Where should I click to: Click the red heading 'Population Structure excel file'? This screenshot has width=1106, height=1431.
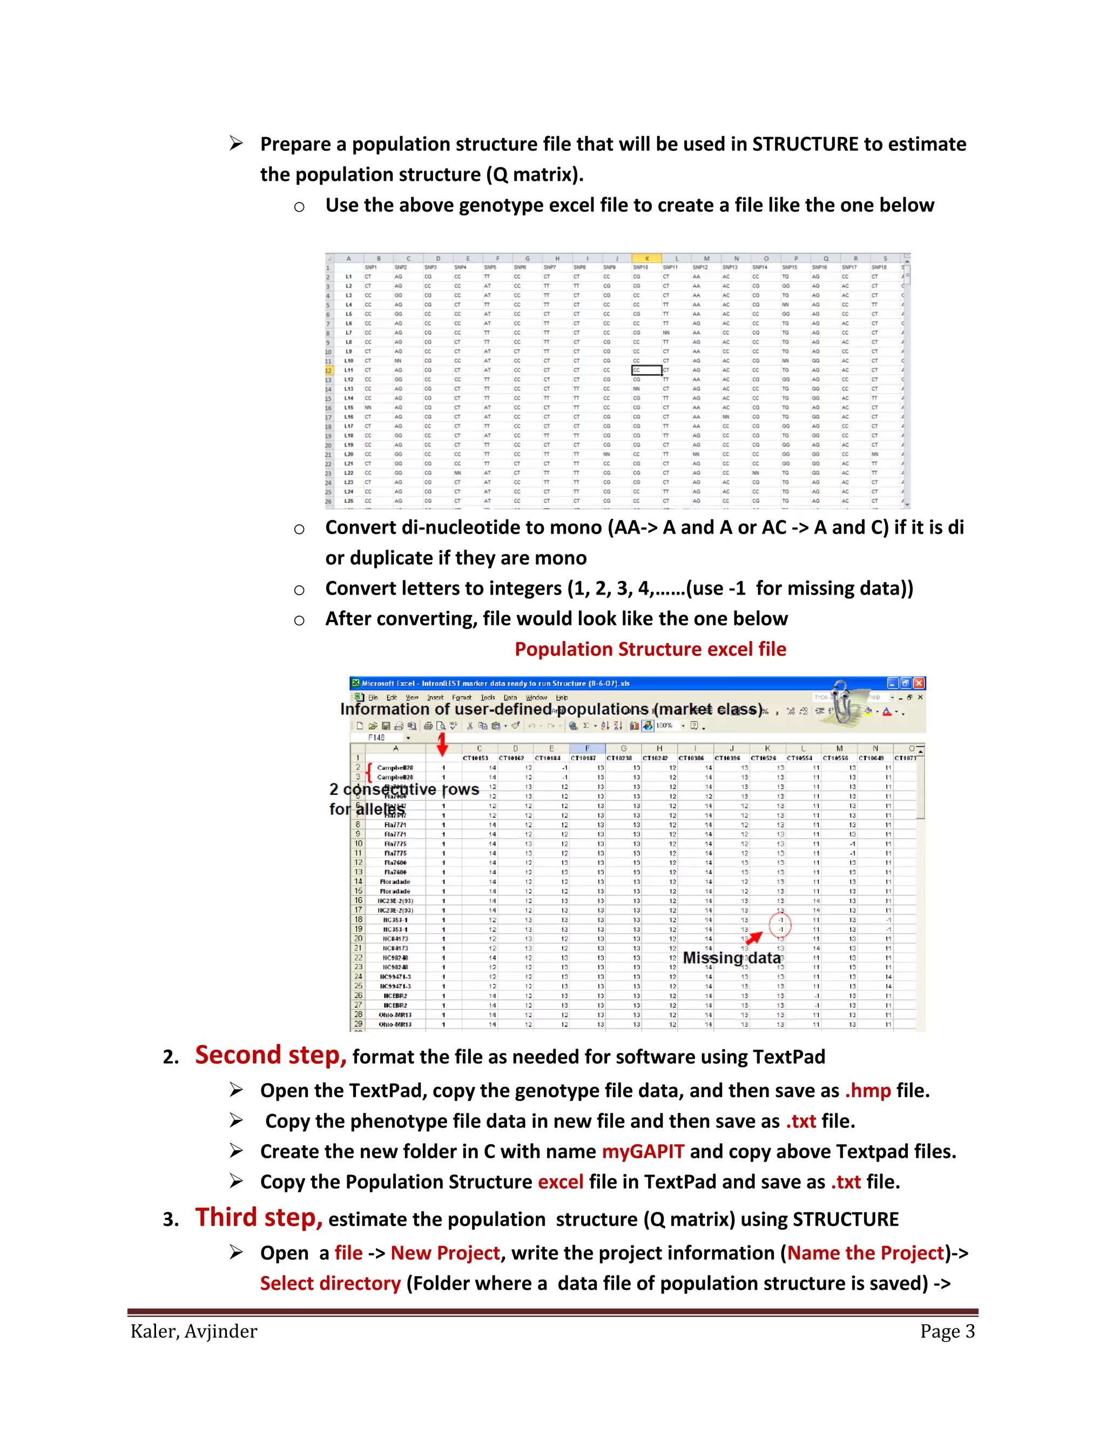click(x=650, y=649)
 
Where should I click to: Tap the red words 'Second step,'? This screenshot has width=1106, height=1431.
click(x=270, y=1055)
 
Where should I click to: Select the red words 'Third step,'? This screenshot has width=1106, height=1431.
click(x=258, y=1217)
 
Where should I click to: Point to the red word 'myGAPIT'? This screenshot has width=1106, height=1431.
click(x=643, y=1151)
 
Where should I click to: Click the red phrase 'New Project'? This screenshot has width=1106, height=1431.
click(x=445, y=1252)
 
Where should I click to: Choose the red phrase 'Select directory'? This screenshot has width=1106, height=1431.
click(x=330, y=1283)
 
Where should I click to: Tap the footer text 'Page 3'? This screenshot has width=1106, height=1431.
click(x=947, y=1331)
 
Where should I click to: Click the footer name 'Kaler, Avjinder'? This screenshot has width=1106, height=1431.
click(x=194, y=1331)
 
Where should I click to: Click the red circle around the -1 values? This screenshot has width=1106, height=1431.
click(x=780, y=924)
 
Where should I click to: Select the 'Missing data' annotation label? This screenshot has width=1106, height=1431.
click(x=731, y=957)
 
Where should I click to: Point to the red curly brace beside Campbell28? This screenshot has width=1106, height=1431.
click(x=369, y=772)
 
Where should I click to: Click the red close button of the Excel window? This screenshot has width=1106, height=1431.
click(x=919, y=683)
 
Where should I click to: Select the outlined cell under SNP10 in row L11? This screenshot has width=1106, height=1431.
click(x=646, y=370)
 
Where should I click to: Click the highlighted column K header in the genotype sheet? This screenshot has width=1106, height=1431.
click(x=646, y=258)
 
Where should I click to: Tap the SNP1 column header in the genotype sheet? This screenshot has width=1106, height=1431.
click(x=371, y=267)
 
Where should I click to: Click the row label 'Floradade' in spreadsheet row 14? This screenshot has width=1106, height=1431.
click(x=395, y=881)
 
